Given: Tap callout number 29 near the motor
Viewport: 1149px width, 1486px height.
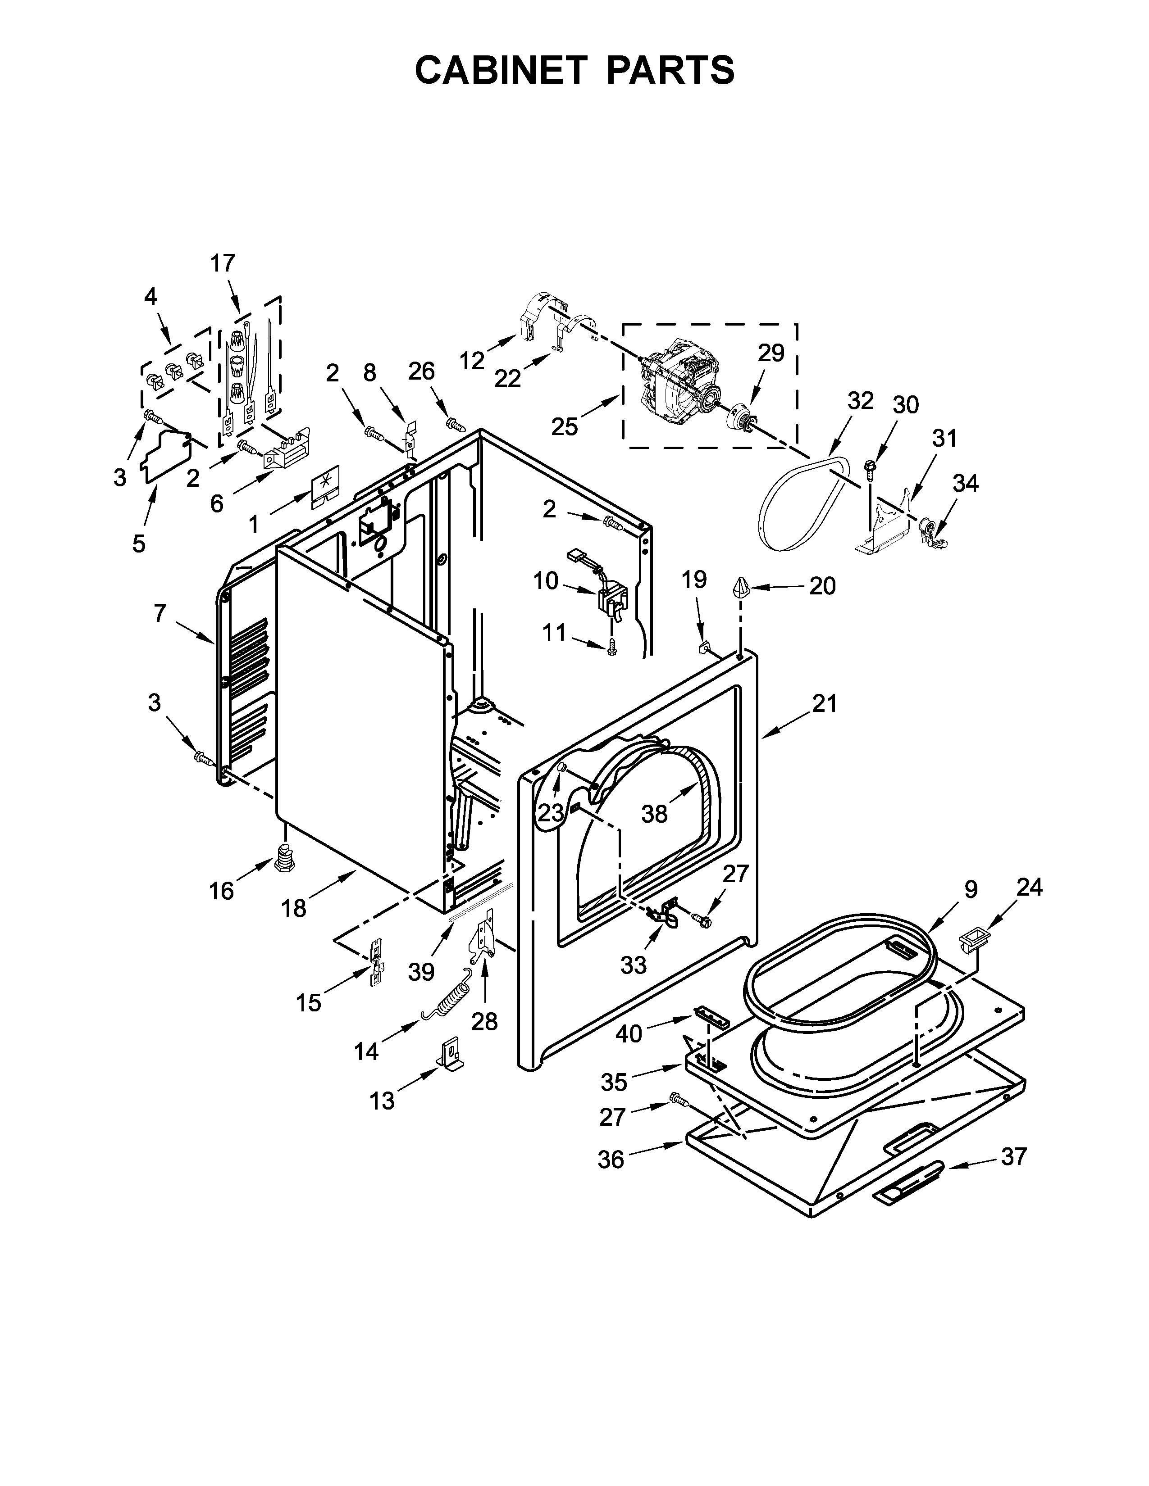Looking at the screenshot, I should click(x=771, y=353).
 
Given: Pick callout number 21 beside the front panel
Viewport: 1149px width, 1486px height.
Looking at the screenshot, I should click(x=824, y=703).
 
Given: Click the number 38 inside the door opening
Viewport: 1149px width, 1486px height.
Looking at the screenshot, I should click(x=654, y=814).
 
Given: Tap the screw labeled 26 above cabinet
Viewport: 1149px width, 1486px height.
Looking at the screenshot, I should click(x=455, y=424).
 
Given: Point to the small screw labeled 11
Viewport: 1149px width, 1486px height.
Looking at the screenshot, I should click(x=611, y=646).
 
